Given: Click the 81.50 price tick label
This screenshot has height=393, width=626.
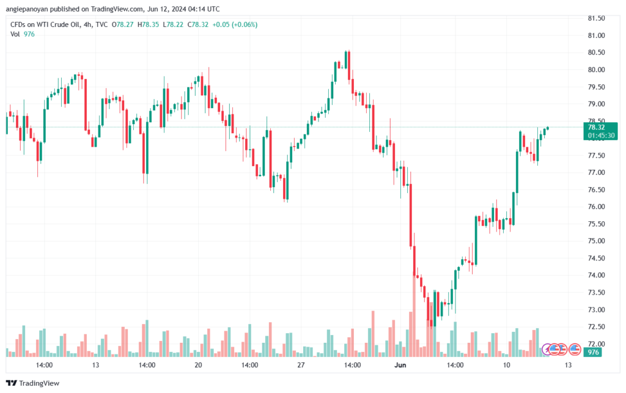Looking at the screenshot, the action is click(x=596, y=18).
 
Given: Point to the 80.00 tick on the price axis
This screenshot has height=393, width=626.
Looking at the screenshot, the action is click(x=596, y=70).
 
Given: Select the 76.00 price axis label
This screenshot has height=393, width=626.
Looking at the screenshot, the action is click(x=596, y=207).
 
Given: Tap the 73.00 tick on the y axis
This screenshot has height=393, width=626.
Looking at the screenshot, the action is click(x=596, y=310).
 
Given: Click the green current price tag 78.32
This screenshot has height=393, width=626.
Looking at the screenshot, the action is click(x=596, y=127).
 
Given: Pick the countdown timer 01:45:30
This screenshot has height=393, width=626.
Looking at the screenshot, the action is click(x=601, y=136).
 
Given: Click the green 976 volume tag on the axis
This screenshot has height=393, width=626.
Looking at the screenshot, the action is click(x=593, y=352).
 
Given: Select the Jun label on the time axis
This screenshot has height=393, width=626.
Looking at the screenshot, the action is click(x=400, y=365).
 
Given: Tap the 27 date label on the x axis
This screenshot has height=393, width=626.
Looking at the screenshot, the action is click(x=301, y=365).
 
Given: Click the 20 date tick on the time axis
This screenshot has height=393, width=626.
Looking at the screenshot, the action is click(x=198, y=365).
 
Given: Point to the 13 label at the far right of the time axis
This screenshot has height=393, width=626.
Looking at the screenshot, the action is click(x=568, y=365).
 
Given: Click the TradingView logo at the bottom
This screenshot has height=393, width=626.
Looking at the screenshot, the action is click(x=33, y=383).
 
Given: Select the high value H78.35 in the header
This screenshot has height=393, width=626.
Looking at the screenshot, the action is click(x=148, y=24).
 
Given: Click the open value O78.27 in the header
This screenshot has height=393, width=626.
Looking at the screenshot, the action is click(x=122, y=24).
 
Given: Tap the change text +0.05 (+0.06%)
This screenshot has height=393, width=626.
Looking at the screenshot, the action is click(x=235, y=24).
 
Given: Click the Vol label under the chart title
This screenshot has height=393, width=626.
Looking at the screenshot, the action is click(x=15, y=34).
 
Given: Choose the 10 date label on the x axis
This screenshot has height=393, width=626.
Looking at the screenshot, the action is click(x=506, y=365).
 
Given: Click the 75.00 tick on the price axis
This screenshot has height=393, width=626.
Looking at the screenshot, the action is click(x=596, y=241).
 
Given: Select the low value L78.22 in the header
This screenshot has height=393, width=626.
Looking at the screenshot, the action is click(x=173, y=24).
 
